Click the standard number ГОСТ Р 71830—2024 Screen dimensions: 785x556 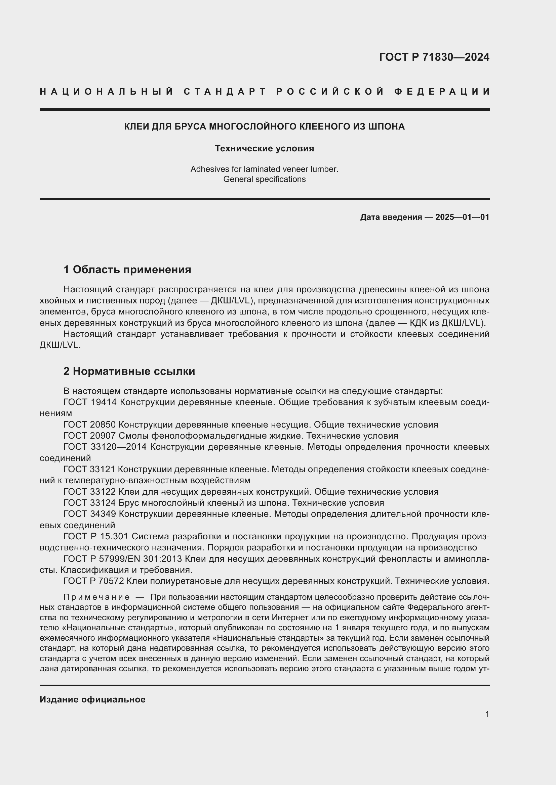click(x=434, y=57)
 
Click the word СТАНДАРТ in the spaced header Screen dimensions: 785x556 click(x=225, y=92)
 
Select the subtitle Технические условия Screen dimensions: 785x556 click(x=264, y=148)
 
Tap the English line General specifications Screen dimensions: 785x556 click(x=264, y=179)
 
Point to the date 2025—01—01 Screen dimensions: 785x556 click(x=462, y=217)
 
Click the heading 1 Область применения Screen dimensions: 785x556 click(x=127, y=269)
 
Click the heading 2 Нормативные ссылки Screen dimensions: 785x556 click(x=129, y=371)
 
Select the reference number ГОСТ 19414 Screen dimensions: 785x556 click(x=90, y=402)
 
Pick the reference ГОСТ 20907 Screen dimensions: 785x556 click(x=90, y=436)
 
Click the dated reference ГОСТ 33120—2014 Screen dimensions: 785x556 click(x=105, y=447)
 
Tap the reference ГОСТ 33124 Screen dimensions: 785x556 click(x=90, y=503)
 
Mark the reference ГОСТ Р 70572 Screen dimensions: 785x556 click(x=93, y=581)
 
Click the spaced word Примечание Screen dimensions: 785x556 click(x=97, y=597)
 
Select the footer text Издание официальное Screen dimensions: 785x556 click(x=92, y=699)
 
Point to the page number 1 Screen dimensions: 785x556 click(x=487, y=714)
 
